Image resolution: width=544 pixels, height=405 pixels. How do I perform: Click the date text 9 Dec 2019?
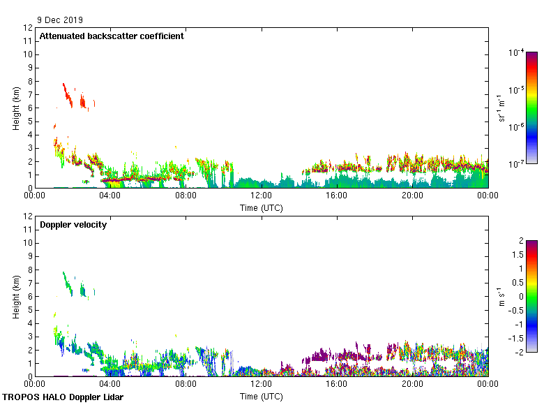61,20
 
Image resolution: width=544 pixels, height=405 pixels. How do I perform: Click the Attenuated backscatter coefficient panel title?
112,36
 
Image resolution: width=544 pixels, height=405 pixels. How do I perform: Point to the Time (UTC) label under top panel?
261,207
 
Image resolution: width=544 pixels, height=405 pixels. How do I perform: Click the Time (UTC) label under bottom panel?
261,396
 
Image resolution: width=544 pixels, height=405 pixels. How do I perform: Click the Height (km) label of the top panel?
16,108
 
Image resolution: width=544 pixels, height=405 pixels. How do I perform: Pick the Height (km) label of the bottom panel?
16,297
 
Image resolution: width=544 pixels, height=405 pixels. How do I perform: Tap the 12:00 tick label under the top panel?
261,196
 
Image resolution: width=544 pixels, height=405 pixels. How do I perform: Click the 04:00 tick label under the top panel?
110,196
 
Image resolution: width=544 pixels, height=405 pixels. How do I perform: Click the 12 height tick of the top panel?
29,28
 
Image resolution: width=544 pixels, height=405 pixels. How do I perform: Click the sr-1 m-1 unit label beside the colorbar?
501,108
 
